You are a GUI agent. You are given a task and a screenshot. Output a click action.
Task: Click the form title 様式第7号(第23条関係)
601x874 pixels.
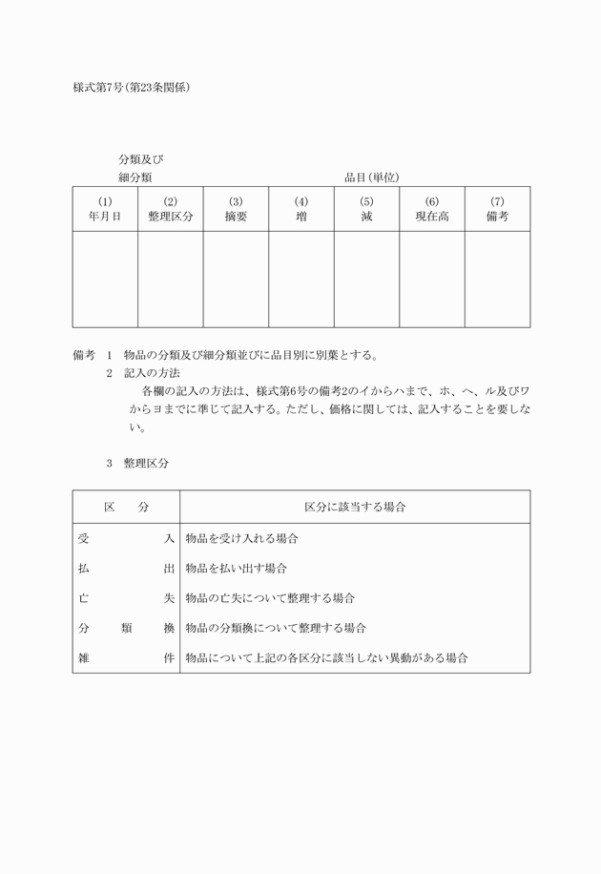coord(133,88)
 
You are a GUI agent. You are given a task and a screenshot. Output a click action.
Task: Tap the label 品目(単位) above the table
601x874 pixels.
coord(371,177)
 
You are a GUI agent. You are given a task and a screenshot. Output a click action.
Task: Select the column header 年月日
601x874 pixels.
coord(105,217)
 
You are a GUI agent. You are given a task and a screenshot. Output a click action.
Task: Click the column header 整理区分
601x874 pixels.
coord(170,217)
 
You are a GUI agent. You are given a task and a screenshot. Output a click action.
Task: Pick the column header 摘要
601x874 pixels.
coord(236,217)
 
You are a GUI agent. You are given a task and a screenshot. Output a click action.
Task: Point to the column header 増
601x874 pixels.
coord(301,217)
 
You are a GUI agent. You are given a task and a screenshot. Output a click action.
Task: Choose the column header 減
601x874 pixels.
coord(366,217)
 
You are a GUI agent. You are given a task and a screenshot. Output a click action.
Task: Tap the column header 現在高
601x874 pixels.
coord(432,217)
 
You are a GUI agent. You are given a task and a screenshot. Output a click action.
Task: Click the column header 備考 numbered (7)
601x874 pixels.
coord(497,217)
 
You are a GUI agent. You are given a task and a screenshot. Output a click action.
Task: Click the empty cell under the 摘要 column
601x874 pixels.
coord(236,279)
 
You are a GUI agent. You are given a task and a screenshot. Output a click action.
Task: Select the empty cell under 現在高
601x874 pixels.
coord(432,279)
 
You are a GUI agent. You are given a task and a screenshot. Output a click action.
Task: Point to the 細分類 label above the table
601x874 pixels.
coord(135,177)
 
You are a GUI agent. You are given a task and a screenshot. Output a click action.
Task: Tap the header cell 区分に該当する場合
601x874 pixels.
coord(355,507)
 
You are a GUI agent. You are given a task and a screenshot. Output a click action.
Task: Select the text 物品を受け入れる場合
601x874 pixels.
coord(241,539)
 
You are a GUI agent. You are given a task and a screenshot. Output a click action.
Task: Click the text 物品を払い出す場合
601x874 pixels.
coord(237,569)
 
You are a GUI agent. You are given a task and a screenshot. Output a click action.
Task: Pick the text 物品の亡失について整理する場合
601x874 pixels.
coord(270,598)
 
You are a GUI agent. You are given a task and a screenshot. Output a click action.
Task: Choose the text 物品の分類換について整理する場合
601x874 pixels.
coord(276,628)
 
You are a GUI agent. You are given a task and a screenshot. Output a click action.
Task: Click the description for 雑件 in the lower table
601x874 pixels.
coord(326,658)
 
